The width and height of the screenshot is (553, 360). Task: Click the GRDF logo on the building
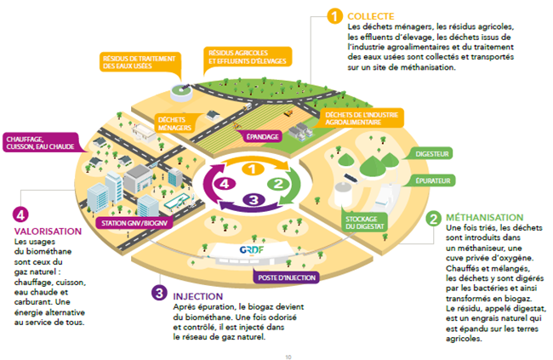click(x=252, y=250)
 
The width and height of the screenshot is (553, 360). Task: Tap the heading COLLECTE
click(x=371, y=16)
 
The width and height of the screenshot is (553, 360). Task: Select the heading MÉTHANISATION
click(x=485, y=217)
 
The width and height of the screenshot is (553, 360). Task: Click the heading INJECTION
click(x=198, y=296)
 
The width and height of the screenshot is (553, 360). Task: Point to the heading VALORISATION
click(x=48, y=231)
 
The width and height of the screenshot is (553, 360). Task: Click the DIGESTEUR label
click(x=431, y=154)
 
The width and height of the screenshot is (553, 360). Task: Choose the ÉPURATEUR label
click(x=433, y=180)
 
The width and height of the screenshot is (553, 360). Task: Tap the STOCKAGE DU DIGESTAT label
click(x=365, y=222)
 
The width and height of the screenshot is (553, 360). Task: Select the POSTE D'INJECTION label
click(x=287, y=277)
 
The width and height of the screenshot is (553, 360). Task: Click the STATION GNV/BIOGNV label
click(x=134, y=223)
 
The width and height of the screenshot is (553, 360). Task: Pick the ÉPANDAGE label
click(x=262, y=136)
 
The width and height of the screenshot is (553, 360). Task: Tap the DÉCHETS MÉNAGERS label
click(x=174, y=123)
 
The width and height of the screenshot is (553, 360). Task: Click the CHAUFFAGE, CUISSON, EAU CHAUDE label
click(x=40, y=143)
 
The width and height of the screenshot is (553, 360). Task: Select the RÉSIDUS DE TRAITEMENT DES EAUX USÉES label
click(x=139, y=62)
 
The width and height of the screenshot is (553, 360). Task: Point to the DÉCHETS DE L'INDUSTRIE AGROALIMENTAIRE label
click(x=362, y=118)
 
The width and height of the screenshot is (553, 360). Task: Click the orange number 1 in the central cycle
click(x=253, y=169)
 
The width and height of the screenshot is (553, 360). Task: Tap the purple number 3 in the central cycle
click(x=254, y=200)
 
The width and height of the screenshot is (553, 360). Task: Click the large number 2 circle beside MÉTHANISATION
click(x=433, y=219)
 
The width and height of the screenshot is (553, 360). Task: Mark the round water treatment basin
click(x=181, y=92)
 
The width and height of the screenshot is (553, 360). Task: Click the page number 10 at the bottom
click(x=288, y=357)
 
